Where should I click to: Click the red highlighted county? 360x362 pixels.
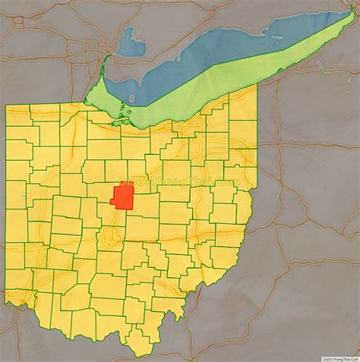coord(124,197)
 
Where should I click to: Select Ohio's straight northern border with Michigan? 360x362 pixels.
coord(46,105)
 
